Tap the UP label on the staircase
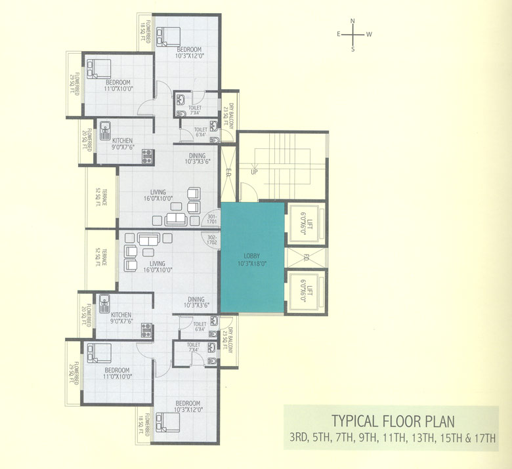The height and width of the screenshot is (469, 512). [253, 173]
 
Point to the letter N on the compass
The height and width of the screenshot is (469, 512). [352, 21]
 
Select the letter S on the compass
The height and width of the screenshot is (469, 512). [352, 49]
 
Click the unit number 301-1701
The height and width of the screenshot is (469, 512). [212, 220]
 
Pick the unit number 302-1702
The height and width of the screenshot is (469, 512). [212, 239]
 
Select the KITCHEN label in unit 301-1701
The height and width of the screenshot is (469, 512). [122, 140]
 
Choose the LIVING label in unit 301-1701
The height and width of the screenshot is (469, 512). [158, 192]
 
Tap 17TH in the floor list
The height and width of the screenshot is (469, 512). [486, 438]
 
